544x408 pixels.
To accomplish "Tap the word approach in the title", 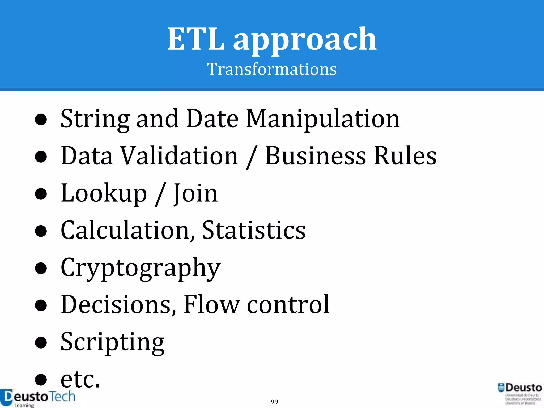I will click(305, 40).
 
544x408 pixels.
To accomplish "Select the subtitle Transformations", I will click(272, 69).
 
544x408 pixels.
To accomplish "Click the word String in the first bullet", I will click(95, 119).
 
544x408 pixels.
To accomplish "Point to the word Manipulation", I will click(322, 119).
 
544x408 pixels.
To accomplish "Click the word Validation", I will click(180, 156).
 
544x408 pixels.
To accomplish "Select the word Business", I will click(316, 156).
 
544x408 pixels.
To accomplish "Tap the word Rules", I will click(405, 156).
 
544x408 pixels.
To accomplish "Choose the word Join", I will click(195, 193).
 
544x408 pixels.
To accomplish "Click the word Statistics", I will click(253, 230).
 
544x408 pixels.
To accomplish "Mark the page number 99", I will click(274, 402).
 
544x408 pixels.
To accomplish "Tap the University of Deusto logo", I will click(520, 394).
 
